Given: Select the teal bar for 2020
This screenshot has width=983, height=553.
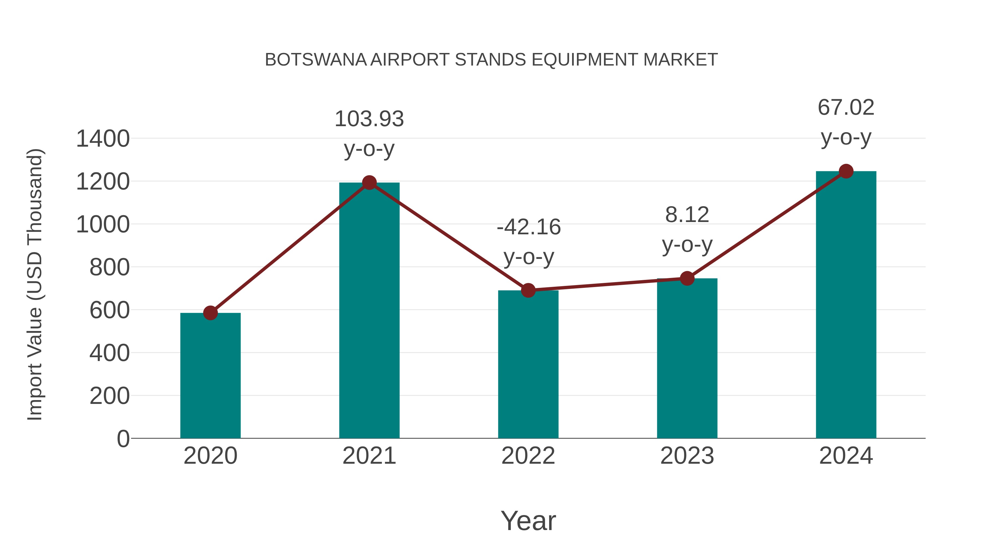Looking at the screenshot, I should (x=210, y=376).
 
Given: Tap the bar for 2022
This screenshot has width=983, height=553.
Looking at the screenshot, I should (x=528, y=365).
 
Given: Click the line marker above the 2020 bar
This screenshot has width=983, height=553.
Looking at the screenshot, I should (x=210, y=313).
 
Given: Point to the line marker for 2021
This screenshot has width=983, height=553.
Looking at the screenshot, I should (x=369, y=183).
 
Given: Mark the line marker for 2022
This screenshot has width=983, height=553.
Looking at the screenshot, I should (x=528, y=291).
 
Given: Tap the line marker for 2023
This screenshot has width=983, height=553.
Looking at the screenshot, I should (x=687, y=279).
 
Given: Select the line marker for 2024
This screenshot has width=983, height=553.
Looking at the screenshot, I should (x=846, y=171).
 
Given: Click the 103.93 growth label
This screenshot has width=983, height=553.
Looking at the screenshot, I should (x=369, y=119).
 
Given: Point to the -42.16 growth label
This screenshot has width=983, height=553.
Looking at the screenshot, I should (x=529, y=227).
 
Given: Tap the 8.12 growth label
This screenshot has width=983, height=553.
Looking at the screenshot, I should (x=687, y=215).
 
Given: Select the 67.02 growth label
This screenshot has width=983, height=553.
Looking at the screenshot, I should (x=846, y=108).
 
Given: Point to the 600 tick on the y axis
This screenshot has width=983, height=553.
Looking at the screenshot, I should (x=109, y=310).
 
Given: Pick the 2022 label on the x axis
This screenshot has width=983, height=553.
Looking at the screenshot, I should (x=528, y=456).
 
